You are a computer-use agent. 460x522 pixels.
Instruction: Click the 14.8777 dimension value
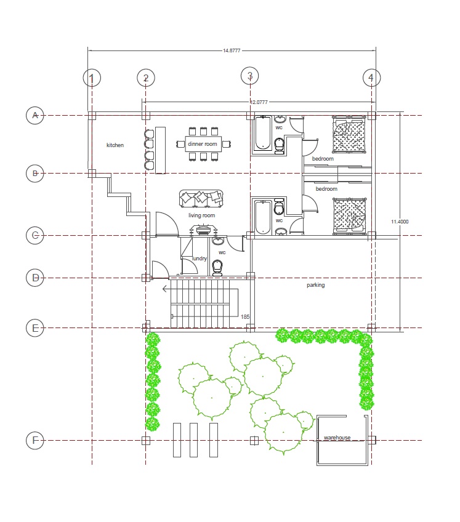232,50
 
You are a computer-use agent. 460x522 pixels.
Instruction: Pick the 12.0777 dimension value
259,102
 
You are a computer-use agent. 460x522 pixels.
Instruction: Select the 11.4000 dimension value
400,222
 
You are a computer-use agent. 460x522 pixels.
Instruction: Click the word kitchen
115,145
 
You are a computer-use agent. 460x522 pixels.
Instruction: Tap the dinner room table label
203,144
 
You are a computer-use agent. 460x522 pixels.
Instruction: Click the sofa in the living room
201,198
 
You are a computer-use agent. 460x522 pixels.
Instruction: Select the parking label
316,285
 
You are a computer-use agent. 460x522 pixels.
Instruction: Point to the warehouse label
337,438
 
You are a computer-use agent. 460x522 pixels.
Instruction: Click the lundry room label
200,259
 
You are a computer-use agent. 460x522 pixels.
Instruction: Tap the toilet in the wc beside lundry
217,268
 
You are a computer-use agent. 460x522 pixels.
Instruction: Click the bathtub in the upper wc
263,133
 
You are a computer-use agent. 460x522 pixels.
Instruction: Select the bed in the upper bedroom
349,134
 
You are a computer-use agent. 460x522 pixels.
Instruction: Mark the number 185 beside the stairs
245,317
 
